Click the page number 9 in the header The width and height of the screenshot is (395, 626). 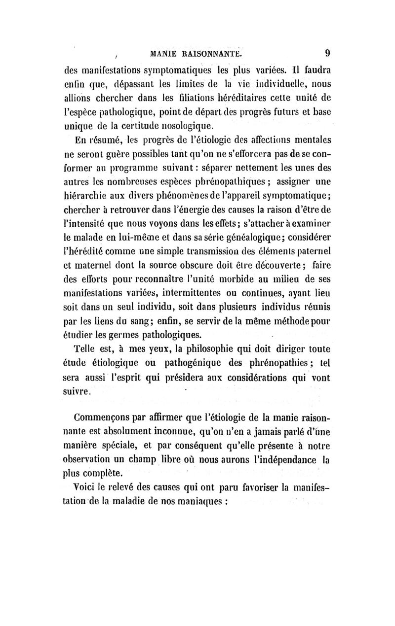point(328,52)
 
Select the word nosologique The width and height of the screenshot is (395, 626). point(197,127)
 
